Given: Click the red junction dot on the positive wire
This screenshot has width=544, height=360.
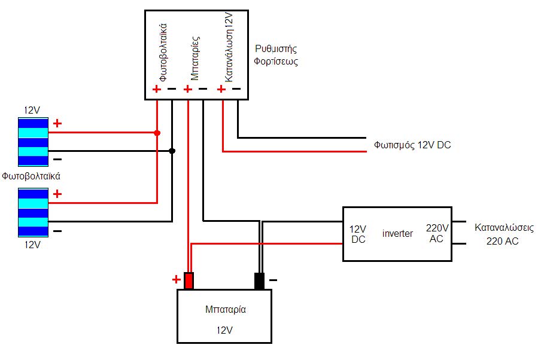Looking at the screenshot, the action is (x=157, y=133).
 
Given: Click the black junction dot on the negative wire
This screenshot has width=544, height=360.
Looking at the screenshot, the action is (x=172, y=151).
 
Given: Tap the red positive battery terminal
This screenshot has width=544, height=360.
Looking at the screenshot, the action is (x=189, y=281).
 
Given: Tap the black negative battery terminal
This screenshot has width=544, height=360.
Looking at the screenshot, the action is (x=259, y=281).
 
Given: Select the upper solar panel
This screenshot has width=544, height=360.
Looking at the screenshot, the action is (x=34, y=142).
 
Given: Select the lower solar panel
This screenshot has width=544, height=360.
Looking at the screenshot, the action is (x=34, y=213).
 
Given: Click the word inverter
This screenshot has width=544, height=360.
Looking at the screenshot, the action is (x=397, y=233).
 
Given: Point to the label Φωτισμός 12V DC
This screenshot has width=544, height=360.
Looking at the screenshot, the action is (x=412, y=145).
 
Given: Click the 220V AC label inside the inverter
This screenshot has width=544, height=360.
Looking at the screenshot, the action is (x=437, y=233).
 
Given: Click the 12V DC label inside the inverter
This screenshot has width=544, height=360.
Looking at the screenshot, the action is (x=358, y=234).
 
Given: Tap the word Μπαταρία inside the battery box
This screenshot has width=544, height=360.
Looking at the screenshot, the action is (x=226, y=309).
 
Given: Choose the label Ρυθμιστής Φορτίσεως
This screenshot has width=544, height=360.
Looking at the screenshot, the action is (x=276, y=55).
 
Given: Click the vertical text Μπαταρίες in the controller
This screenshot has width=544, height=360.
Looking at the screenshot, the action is (x=195, y=58).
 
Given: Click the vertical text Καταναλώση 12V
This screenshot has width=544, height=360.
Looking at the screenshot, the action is (x=229, y=47).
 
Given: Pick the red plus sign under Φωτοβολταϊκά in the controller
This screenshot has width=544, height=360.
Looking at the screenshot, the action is (x=156, y=89).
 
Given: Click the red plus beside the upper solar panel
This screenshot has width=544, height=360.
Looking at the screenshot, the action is (x=57, y=123).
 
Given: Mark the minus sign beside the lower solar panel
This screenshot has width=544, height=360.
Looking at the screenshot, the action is (x=57, y=231).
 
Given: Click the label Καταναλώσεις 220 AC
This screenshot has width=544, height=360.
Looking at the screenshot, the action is (x=504, y=234).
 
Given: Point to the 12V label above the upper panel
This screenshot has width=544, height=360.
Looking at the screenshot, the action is (x=32, y=110).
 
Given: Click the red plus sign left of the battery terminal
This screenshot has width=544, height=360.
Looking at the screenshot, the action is (x=176, y=279).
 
